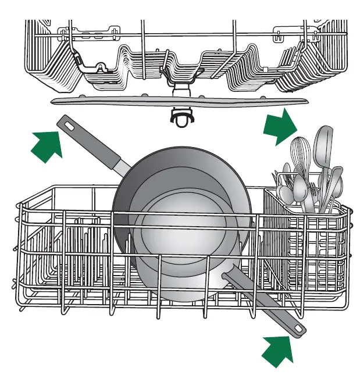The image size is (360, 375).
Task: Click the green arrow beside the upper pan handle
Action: (47, 145)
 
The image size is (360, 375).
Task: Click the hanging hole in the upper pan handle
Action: (69, 124)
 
